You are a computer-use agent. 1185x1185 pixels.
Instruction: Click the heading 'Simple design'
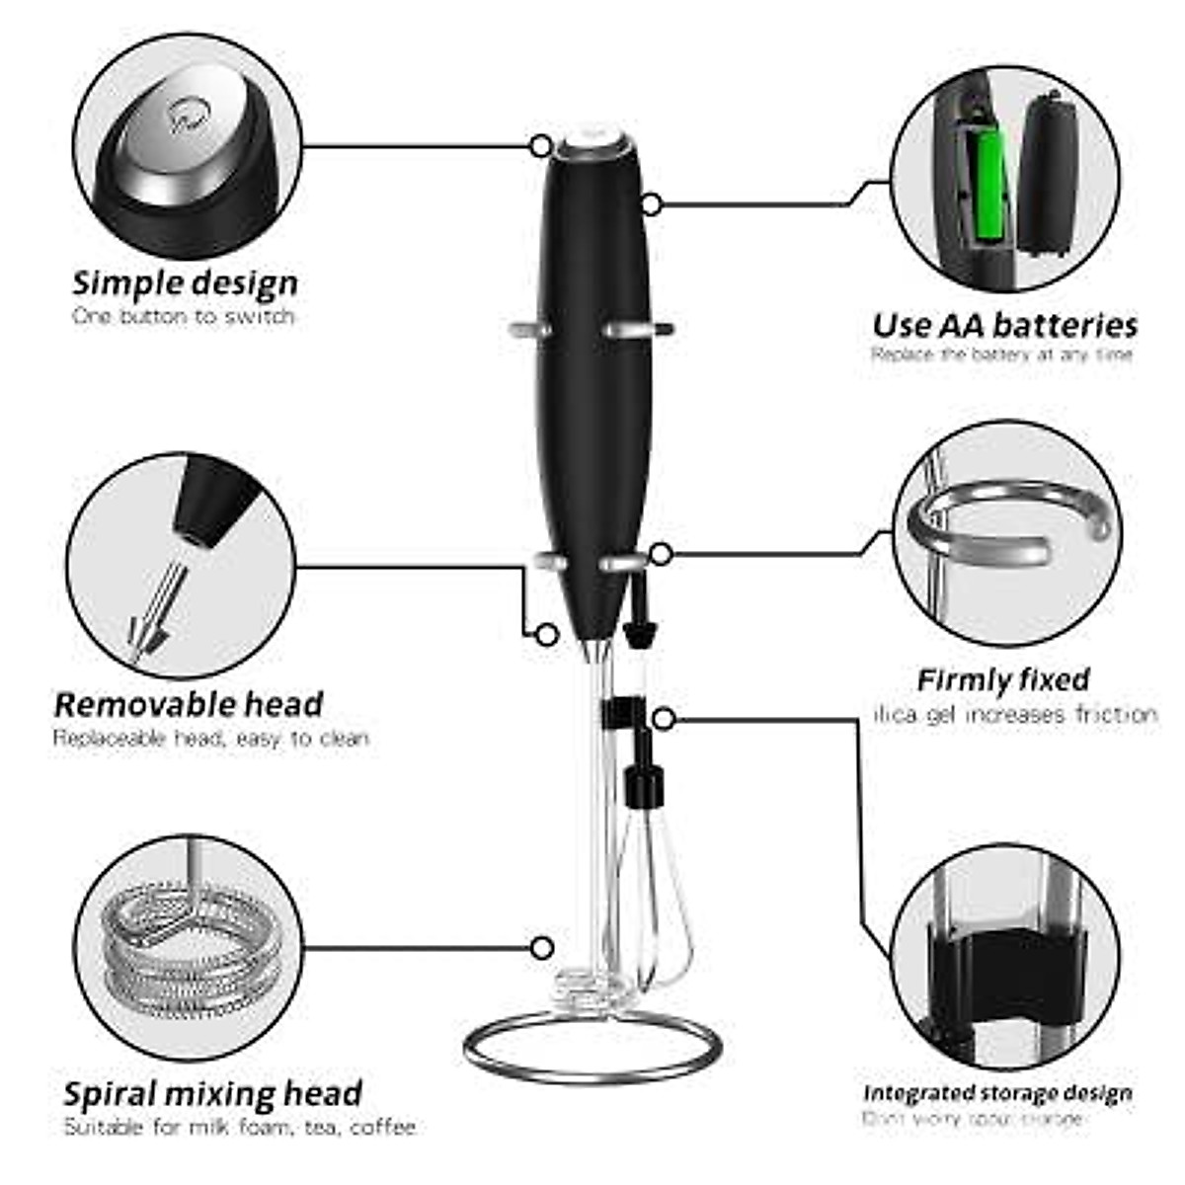[x=185, y=283]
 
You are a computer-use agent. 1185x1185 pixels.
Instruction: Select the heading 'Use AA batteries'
[x=1004, y=325]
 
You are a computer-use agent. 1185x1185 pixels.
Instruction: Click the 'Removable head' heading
[x=189, y=704]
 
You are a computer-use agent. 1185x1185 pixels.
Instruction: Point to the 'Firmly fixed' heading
[x=1003, y=680]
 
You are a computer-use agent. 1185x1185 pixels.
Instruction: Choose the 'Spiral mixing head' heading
[x=212, y=1093]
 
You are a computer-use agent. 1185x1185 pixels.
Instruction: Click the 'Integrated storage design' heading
[x=997, y=1093]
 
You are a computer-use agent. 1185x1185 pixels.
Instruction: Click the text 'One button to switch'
[x=184, y=317]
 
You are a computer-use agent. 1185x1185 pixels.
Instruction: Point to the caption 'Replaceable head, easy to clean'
[x=210, y=738]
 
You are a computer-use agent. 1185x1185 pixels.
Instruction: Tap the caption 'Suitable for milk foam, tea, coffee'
[x=239, y=1127]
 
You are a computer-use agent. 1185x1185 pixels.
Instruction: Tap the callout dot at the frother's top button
[x=541, y=146]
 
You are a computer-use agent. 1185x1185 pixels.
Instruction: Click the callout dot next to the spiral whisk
[x=541, y=948]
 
